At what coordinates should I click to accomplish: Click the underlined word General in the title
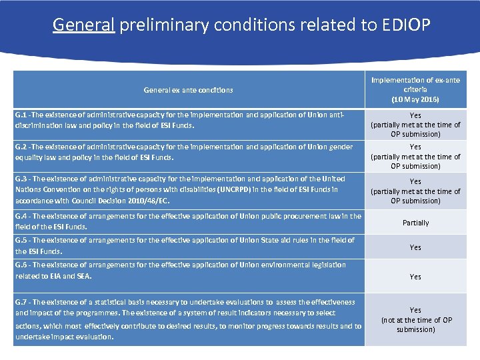(x=84, y=25)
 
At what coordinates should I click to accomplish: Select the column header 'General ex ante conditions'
(x=189, y=90)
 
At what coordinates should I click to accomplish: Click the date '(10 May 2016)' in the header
(x=415, y=99)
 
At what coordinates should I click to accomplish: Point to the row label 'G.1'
(x=21, y=115)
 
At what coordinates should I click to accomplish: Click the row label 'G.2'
(x=21, y=147)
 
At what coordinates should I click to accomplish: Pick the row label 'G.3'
(x=21, y=179)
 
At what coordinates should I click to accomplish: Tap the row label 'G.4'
(x=21, y=216)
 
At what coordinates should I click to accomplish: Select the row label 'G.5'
(x=21, y=240)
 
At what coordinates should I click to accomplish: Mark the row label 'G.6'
(x=21, y=265)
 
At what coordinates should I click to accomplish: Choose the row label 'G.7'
(x=21, y=302)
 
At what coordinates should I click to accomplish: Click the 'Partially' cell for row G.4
(x=415, y=223)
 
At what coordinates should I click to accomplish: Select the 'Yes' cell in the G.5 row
(x=415, y=247)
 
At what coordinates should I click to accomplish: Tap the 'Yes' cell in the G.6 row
(x=415, y=277)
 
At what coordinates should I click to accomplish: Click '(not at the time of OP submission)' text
(x=415, y=325)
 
